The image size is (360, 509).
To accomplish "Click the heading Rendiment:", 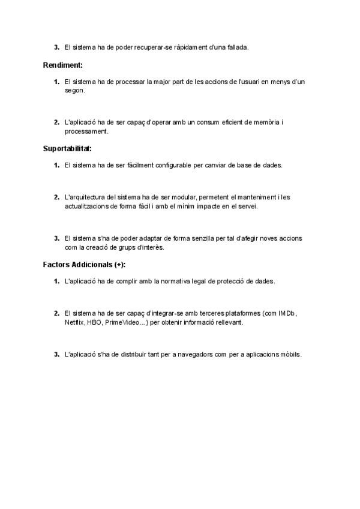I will (62, 64).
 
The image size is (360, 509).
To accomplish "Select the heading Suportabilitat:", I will (67, 148).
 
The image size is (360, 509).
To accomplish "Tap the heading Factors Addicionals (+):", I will (88, 264).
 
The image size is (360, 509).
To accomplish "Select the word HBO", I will (94, 322).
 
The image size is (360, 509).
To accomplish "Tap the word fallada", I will (236, 47).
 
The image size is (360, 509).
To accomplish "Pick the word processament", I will (86, 131).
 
